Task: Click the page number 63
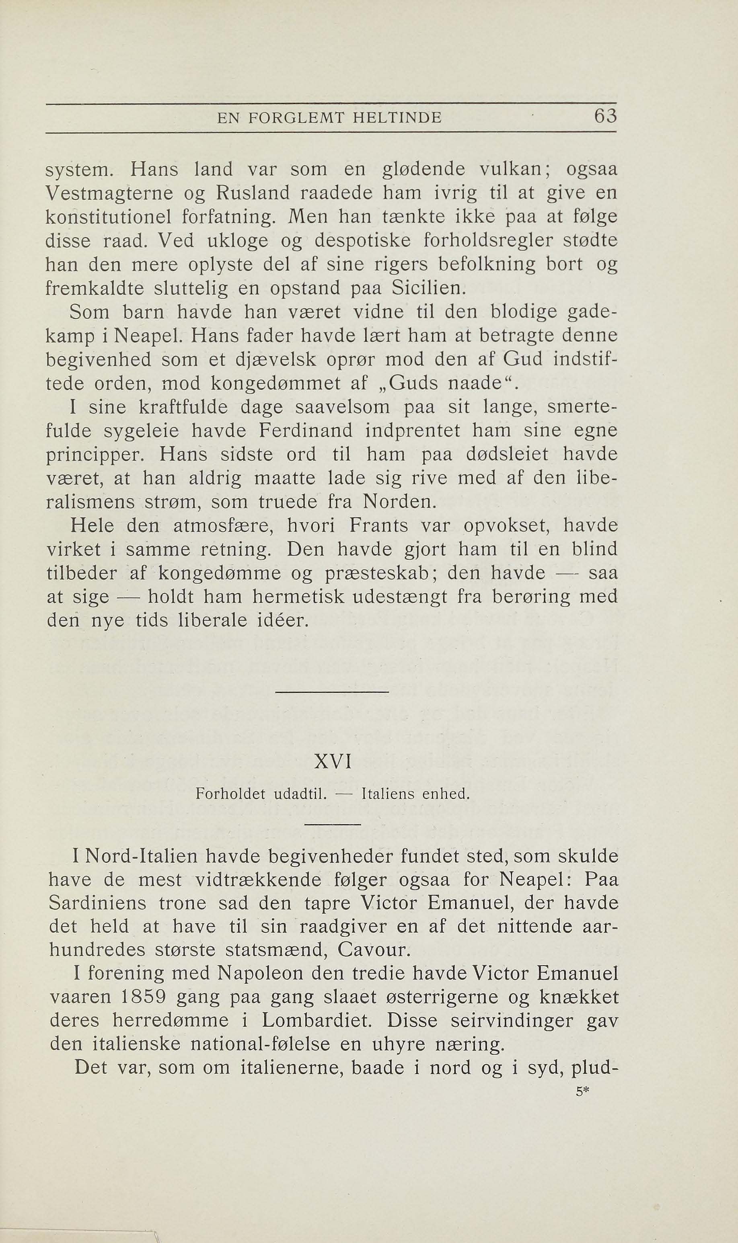coord(605,117)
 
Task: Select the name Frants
coord(379,525)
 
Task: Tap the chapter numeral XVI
coord(333,762)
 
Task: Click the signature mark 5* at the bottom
coord(582,1092)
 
